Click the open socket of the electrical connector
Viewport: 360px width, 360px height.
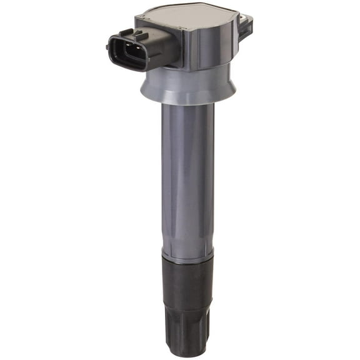[133, 52]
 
